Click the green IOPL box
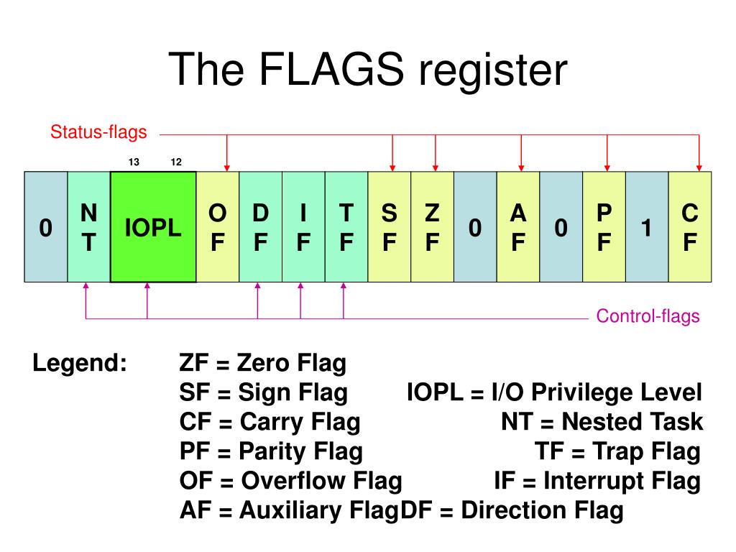coord(153,227)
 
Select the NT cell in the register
coord(88,227)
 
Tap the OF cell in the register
coord(217,227)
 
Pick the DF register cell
coord(260,227)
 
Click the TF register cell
coord(346,227)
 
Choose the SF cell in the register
coord(389,227)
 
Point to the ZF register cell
coord(432,227)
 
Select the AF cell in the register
coord(517,227)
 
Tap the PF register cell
coord(604,227)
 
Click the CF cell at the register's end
coord(690,227)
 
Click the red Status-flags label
coord(98,132)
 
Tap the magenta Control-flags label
coord(648,316)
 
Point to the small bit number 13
coord(134,162)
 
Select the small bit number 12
coord(176,162)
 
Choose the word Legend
coord(80,364)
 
